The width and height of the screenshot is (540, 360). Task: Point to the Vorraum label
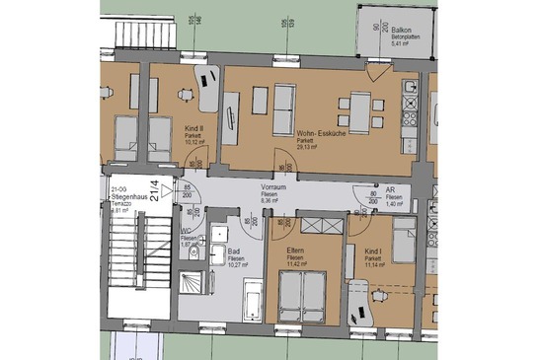pos(273,186)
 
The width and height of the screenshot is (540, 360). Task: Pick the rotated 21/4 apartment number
pos(153,185)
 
